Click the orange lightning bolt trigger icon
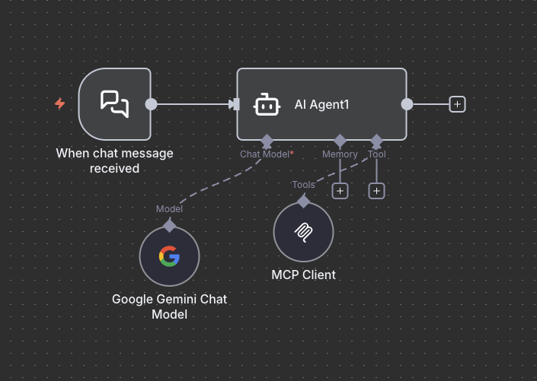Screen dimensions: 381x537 click(x=60, y=103)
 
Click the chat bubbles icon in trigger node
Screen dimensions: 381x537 click(x=115, y=104)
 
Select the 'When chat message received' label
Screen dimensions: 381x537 click(x=114, y=160)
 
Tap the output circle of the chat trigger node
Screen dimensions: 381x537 click(x=151, y=104)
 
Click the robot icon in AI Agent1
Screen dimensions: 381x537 click(x=266, y=104)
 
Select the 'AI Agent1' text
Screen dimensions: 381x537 click(x=321, y=104)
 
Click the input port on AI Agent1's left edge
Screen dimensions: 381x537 click(x=235, y=104)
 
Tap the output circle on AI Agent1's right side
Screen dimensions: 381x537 click(x=407, y=104)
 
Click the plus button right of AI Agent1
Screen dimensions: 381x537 click(x=457, y=104)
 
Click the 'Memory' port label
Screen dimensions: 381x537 click(x=340, y=154)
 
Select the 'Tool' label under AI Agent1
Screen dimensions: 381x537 click(x=376, y=154)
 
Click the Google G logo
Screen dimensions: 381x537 click(x=169, y=257)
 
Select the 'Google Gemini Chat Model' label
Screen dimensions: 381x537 click(x=169, y=306)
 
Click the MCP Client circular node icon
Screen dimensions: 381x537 click(x=303, y=232)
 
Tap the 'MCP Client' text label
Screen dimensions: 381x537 click(x=303, y=275)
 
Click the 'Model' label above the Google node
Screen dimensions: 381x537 click(x=169, y=209)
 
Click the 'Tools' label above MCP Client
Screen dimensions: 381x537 click(x=303, y=185)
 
